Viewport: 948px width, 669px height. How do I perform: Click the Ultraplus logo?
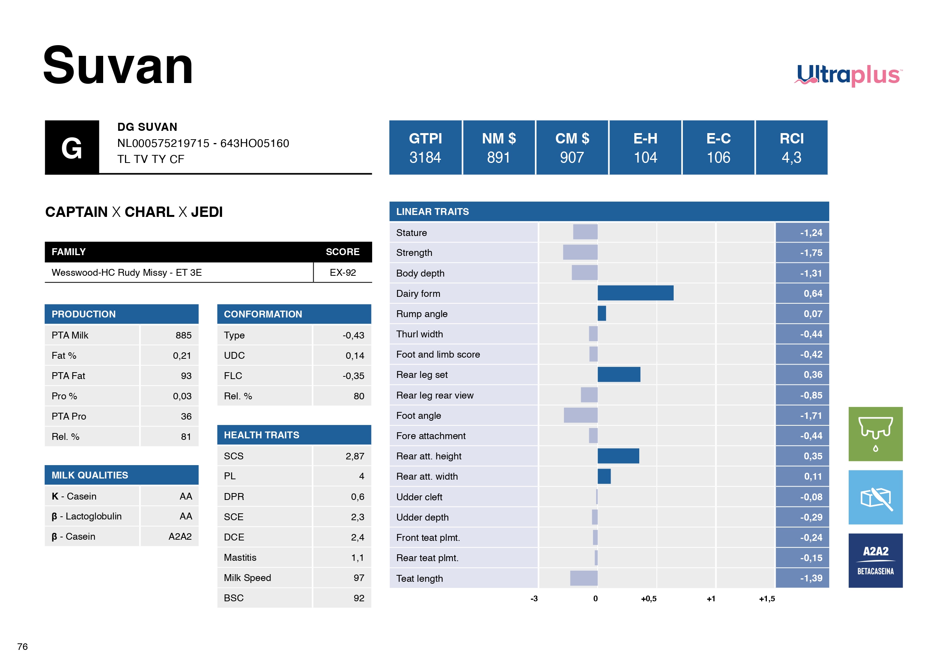pyautogui.click(x=849, y=75)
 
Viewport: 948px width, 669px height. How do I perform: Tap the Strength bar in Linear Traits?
pyautogui.click(x=580, y=252)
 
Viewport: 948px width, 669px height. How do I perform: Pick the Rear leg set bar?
pyautogui.click(x=619, y=374)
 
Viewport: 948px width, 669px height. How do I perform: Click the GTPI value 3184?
pyautogui.click(x=425, y=158)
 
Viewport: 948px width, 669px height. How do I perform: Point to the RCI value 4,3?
pyautogui.click(x=791, y=158)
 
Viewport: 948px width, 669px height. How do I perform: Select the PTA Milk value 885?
pyautogui.click(x=183, y=335)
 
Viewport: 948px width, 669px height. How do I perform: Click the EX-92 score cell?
pyautogui.click(x=342, y=272)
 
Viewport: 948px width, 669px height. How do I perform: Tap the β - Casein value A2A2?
pyautogui.click(x=180, y=536)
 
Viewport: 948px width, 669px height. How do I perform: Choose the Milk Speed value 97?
pyautogui.click(x=358, y=578)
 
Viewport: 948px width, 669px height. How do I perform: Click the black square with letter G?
pyautogui.click(x=72, y=148)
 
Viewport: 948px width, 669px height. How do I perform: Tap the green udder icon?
pyautogui.click(x=875, y=434)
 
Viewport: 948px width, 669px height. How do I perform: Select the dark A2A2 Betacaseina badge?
pyautogui.click(x=875, y=560)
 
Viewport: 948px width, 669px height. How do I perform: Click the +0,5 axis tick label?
pyautogui.click(x=648, y=599)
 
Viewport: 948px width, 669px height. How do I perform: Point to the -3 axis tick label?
pyautogui.click(x=534, y=599)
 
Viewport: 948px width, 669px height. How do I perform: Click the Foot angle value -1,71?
pyautogui.click(x=811, y=416)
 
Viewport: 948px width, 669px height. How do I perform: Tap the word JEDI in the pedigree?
pyautogui.click(x=206, y=212)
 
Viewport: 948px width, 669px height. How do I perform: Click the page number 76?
pyautogui.click(x=23, y=647)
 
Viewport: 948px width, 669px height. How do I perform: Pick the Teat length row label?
pyautogui.click(x=420, y=578)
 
